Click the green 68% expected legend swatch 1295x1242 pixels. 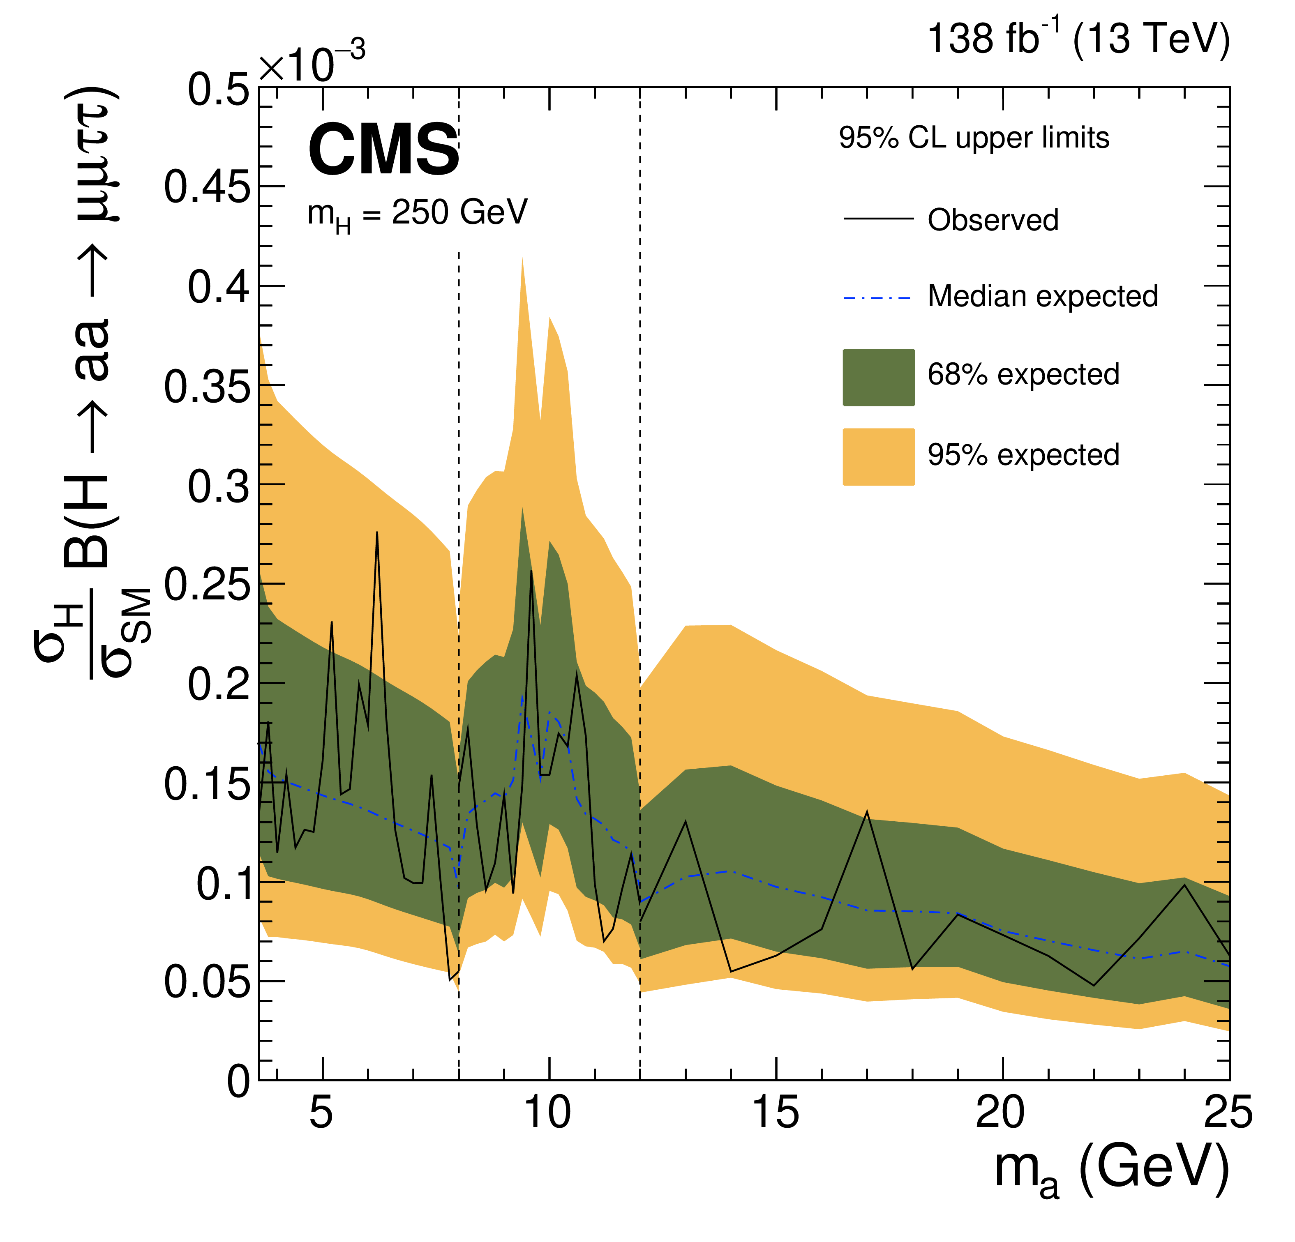[878, 377]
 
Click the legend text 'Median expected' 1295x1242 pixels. [1043, 297]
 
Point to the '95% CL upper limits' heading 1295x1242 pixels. [974, 138]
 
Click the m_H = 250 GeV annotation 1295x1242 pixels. [418, 215]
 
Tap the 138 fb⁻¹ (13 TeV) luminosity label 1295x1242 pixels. [1078, 38]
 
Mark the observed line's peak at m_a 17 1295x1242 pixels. [866, 812]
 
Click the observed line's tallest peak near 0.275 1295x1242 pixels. [376, 532]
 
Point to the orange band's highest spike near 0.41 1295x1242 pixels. [522, 257]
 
